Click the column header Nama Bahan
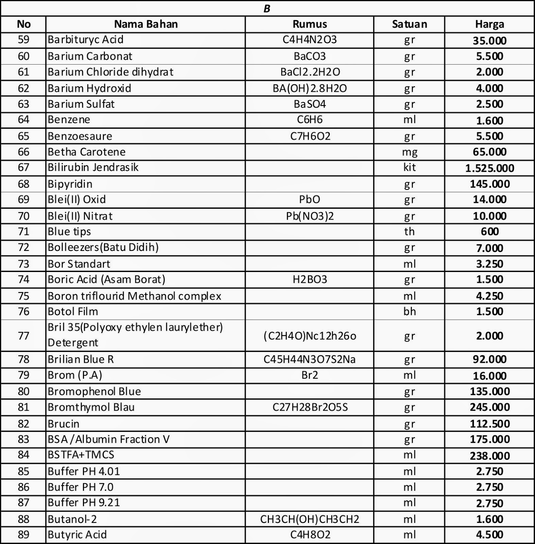[146, 24]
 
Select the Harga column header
[489, 24]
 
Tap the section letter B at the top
[267, 9]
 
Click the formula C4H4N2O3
[309, 40]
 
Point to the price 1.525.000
[489, 168]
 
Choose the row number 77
[23, 336]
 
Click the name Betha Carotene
[87, 152]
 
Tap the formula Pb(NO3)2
[309, 216]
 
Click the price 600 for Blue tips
[489, 232]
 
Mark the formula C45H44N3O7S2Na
[309, 359]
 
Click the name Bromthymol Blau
[91, 407]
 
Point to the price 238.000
[489, 456]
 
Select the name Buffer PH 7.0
[81, 487]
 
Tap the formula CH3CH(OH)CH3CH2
[309, 519]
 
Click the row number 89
[23, 535]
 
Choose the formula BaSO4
[309, 104]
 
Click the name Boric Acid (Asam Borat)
[106, 279]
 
